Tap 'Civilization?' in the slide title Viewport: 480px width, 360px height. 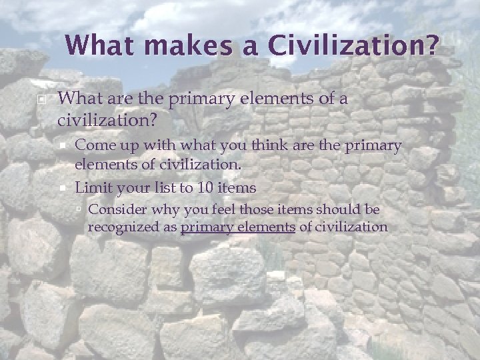click(x=354, y=45)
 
